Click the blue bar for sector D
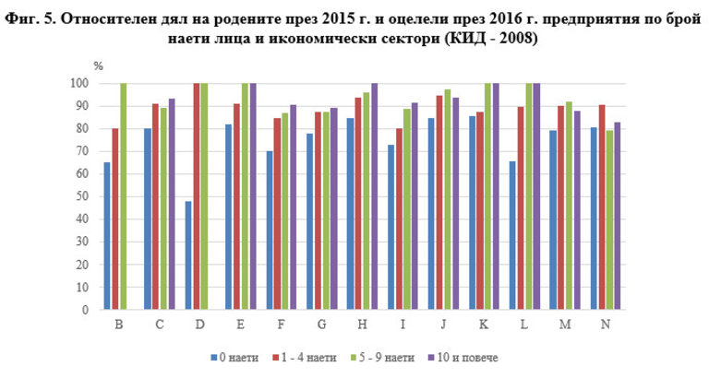click(x=189, y=255)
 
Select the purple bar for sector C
click(x=172, y=204)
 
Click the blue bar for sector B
click(x=107, y=236)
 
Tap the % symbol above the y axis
click(x=98, y=66)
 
